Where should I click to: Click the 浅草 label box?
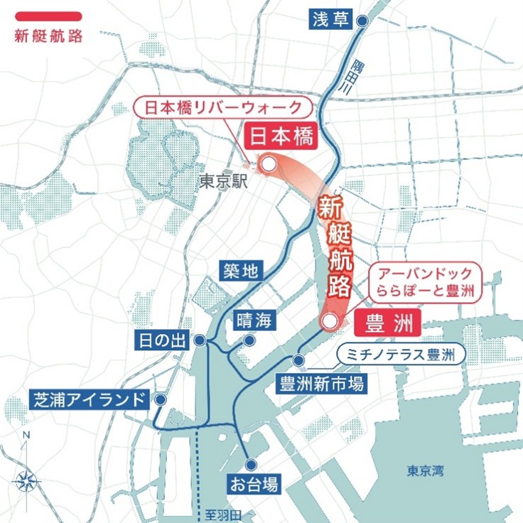click(331, 19)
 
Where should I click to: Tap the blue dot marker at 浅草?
click(362, 22)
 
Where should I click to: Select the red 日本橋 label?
click(280, 136)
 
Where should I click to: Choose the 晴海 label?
click(254, 320)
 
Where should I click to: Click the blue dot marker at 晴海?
click(249, 340)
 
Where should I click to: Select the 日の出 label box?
click(161, 341)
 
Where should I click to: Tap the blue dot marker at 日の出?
click(200, 342)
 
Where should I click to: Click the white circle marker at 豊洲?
click(328, 322)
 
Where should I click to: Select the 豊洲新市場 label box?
click(322, 384)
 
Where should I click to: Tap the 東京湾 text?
click(426, 470)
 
